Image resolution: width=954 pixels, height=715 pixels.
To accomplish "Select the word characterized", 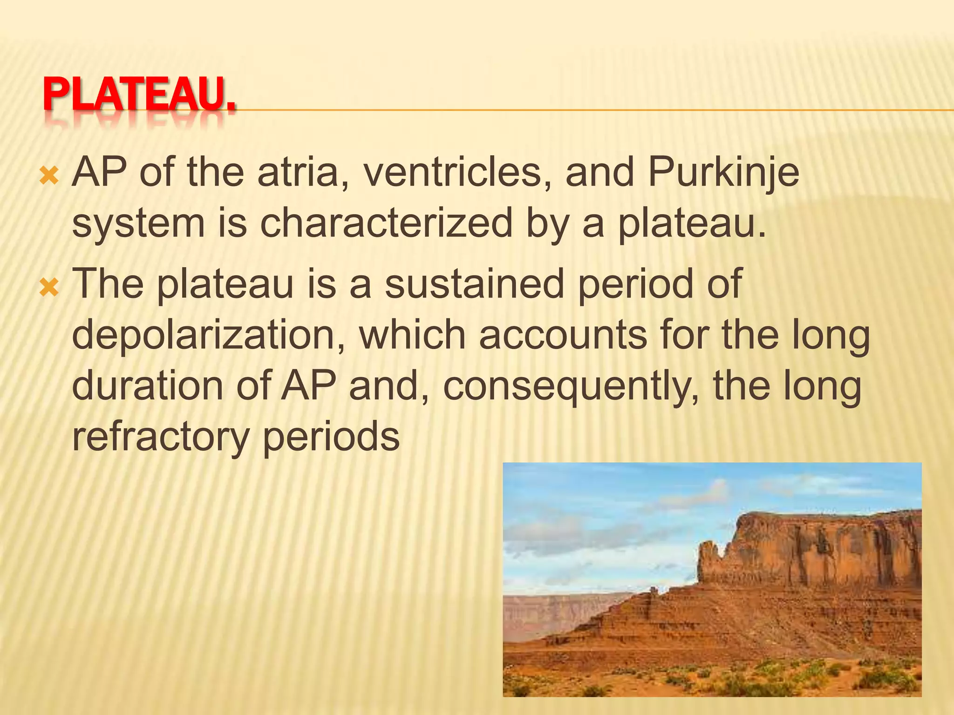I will point(386,224).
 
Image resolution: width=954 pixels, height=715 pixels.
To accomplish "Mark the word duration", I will point(148,386).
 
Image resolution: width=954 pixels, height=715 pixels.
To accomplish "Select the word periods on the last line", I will point(331,438).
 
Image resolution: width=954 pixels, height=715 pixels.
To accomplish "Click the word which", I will point(412,335).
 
